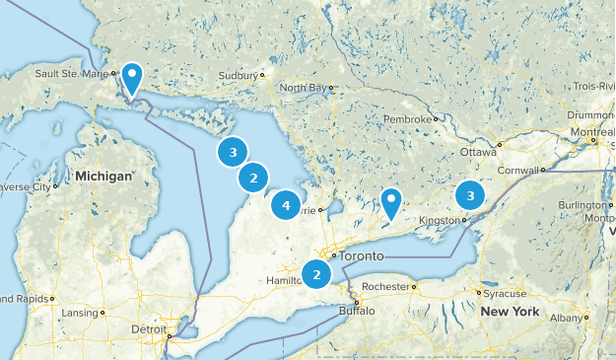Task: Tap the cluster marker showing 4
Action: coord(286,205)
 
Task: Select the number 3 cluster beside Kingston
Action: coord(471,195)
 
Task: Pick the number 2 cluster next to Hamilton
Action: coord(316,274)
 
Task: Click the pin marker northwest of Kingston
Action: coord(391,202)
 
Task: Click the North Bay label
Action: coord(304,88)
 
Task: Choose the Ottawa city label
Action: coord(478,154)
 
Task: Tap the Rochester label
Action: coord(384,286)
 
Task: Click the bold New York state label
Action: coord(510,312)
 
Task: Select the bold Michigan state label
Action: coord(103,177)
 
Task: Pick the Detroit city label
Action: coord(149,328)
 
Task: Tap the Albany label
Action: coord(566,318)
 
